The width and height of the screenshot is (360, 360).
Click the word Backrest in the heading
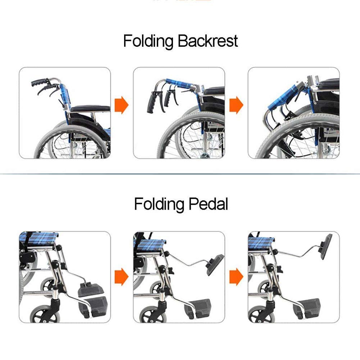coord(208,41)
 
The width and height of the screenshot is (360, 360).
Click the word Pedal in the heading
coord(209,204)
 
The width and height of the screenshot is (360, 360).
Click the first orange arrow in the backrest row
coord(122,105)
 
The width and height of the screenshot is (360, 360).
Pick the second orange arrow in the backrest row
coord(236,105)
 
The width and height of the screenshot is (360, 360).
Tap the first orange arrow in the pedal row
coord(122,277)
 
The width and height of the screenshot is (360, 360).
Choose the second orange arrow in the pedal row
coord(236,277)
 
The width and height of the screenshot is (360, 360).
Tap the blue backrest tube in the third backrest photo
coord(282,97)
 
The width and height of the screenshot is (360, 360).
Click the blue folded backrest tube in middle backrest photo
coord(180,83)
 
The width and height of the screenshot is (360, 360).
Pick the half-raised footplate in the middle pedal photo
coord(215,265)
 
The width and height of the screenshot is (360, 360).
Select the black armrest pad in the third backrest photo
coord(329,84)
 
